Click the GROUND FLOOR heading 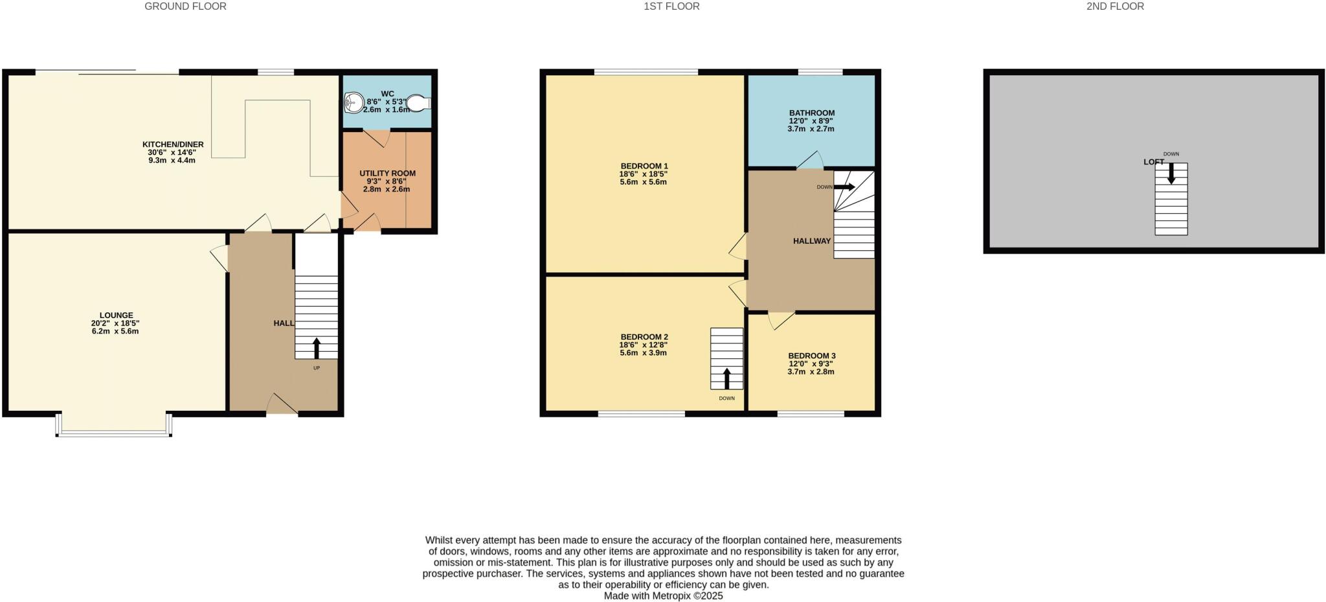coord(185,6)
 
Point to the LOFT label coord(1153,162)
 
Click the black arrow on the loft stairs coord(1171,173)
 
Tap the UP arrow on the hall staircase coord(317,348)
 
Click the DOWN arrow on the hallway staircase coord(844,187)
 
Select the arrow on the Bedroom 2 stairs coord(726,378)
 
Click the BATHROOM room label coord(811,113)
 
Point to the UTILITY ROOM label coord(387,173)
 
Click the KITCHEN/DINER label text coord(173,145)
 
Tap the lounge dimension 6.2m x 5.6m coord(115,331)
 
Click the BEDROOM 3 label coord(811,356)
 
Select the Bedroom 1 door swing coord(738,247)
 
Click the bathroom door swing coord(810,161)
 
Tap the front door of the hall coord(282,404)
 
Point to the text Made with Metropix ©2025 coord(663,596)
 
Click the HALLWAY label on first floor coord(811,241)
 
